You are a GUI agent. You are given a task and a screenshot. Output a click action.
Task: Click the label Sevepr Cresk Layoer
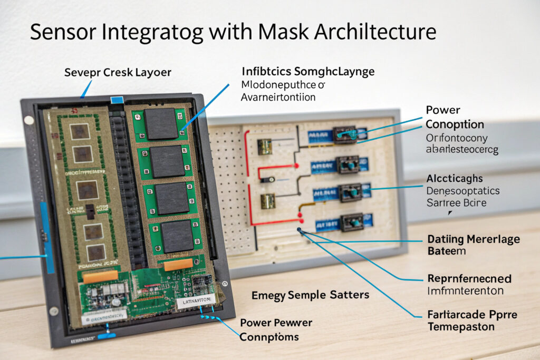pyautogui.click(x=118, y=72)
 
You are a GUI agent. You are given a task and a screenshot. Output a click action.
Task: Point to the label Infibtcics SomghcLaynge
pyautogui.click(x=308, y=71)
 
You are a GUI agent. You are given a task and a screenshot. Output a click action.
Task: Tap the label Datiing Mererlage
pyautogui.click(x=473, y=239)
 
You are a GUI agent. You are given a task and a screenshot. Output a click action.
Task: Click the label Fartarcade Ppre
pyautogui.click(x=471, y=315)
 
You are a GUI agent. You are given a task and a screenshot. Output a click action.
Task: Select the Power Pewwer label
pyautogui.click(x=276, y=323)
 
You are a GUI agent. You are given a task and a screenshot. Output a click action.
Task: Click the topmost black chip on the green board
pyautogui.click(x=161, y=124)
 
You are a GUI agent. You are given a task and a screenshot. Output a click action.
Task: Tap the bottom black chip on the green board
pyautogui.click(x=177, y=236)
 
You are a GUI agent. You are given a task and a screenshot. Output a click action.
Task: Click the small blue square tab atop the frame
pyautogui.click(x=116, y=100)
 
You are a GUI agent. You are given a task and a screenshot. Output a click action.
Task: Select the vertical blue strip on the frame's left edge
pyautogui.click(x=47, y=237)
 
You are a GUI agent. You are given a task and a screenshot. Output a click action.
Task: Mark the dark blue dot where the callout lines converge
pyautogui.click(x=300, y=230)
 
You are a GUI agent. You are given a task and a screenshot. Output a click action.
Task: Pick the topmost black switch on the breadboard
pyautogui.click(x=345, y=134)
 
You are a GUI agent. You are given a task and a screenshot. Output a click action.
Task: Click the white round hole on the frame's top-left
pyautogui.click(x=29, y=120)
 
